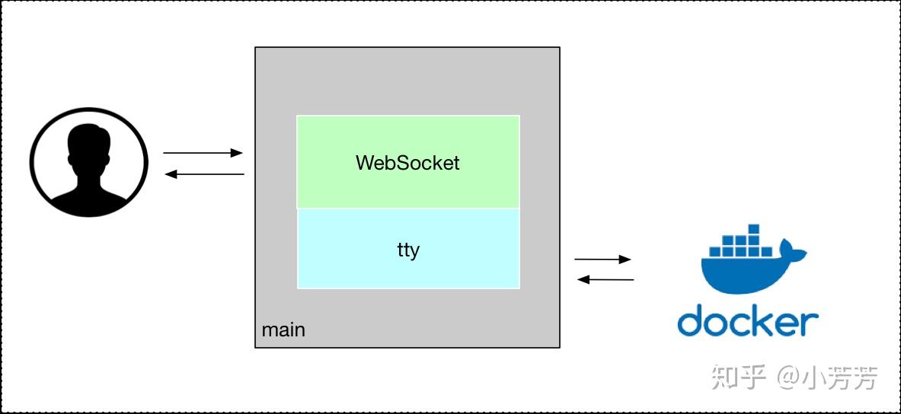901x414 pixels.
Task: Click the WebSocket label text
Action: coord(407,163)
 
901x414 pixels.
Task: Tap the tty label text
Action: coord(408,250)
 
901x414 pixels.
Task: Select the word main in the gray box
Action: coord(283,330)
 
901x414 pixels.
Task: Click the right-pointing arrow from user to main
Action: coord(203,153)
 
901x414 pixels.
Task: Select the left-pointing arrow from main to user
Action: coord(204,174)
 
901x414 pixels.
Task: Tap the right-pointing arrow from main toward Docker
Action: coord(602,260)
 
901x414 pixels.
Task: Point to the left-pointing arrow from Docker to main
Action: coord(605,279)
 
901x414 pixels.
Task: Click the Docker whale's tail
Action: coord(797,252)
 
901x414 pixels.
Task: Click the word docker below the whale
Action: coord(747,321)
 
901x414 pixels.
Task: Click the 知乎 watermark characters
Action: coord(737,377)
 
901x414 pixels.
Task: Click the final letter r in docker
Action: coord(812,324)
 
